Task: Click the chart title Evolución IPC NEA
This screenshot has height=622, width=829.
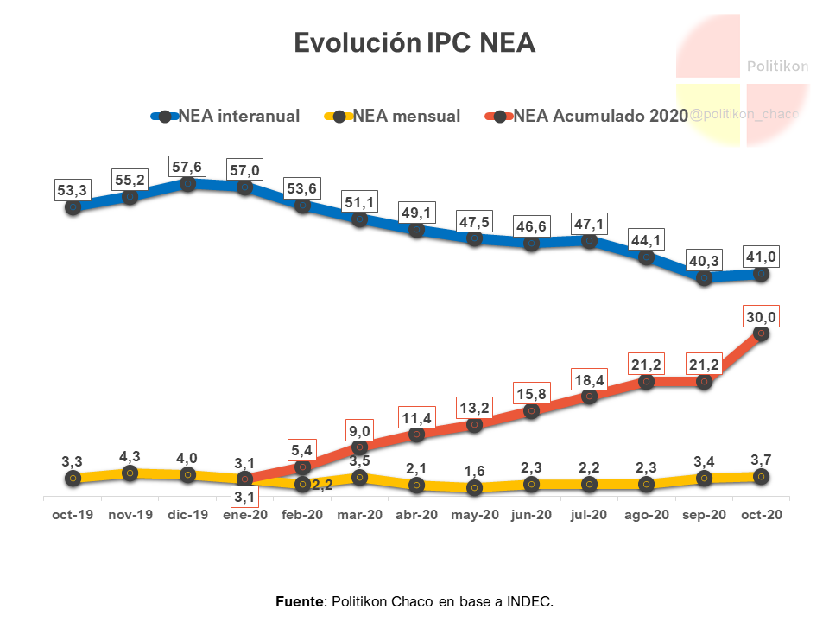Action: click(414, 42)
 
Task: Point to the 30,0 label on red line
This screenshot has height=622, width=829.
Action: click(762, 317)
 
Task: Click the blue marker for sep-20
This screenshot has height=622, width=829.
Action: click(705, 278)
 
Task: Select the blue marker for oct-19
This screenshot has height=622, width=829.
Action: click(73, 207)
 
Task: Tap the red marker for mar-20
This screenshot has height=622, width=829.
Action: click(360, 447)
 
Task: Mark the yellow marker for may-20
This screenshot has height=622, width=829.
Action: click(474, 488)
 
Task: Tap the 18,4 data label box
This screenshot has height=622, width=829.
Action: click(589, 380)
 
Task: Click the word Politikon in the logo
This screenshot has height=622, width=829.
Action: click(777, 67)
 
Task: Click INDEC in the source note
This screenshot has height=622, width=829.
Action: click(529, 600)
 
